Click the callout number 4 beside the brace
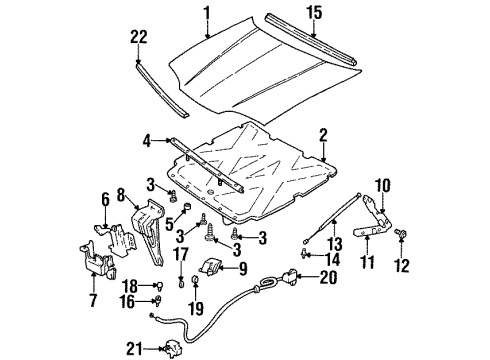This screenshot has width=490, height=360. [x=146, y=141]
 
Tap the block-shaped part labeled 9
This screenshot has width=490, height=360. [x=214, y=269]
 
